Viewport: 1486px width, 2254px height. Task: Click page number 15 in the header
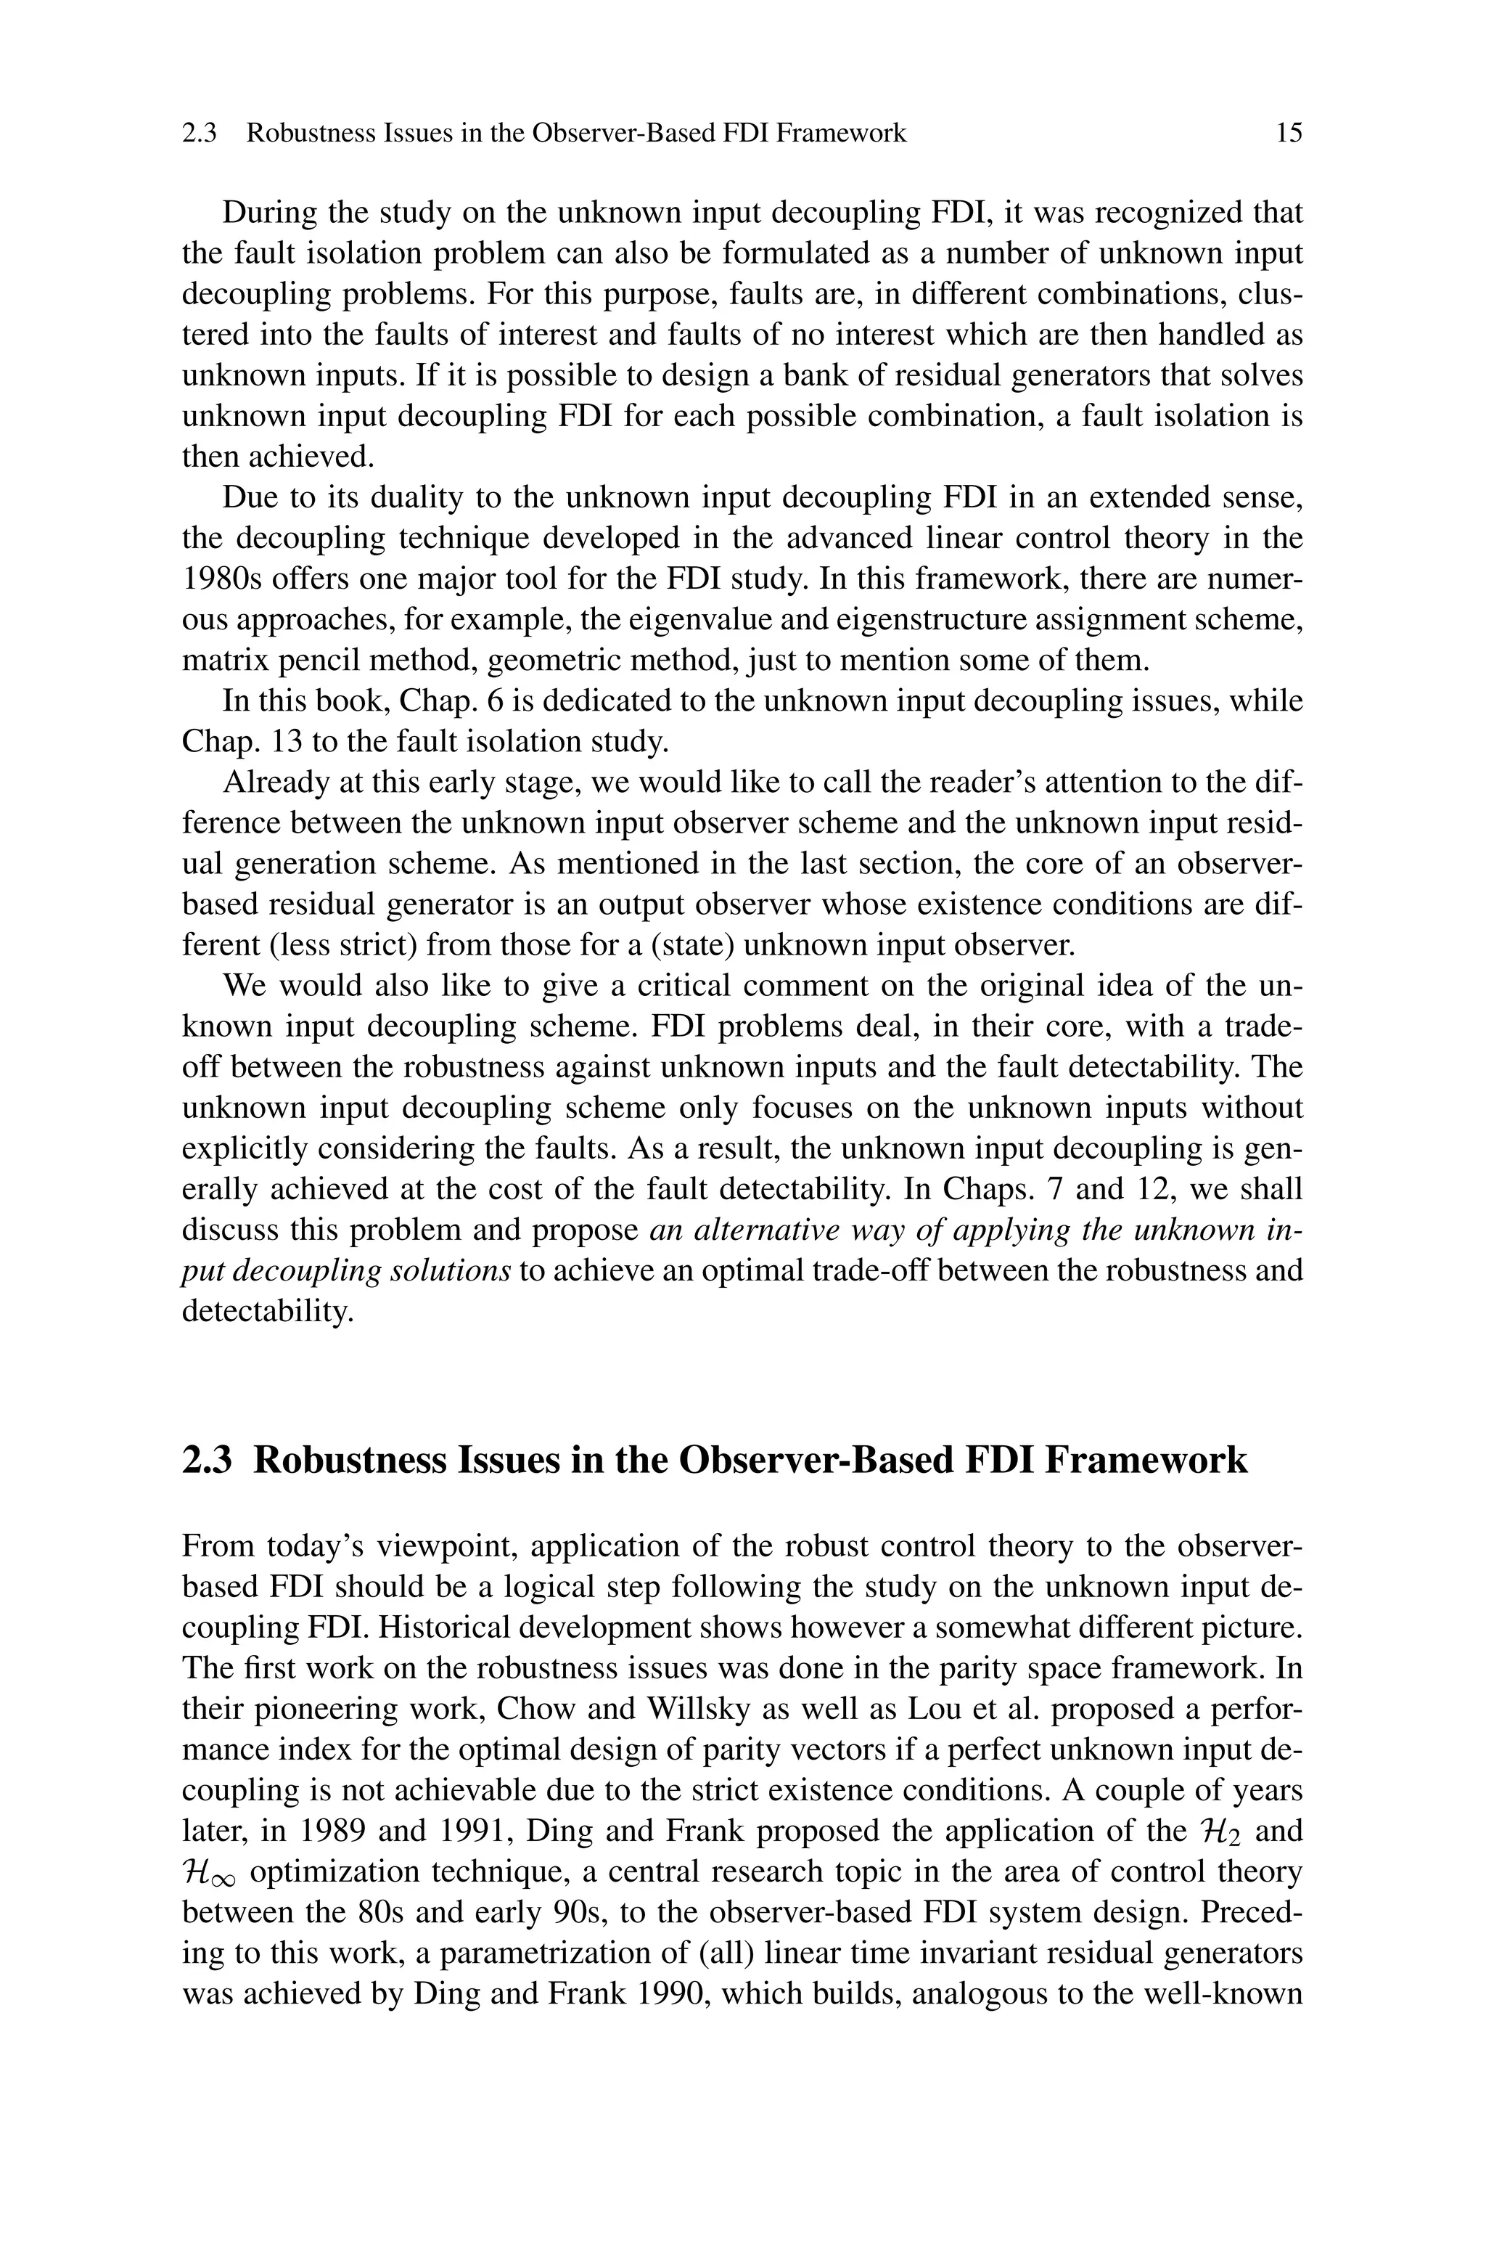click(x=1289, y=133)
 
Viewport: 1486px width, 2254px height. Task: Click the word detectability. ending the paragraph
click(x=266, y=1312)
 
